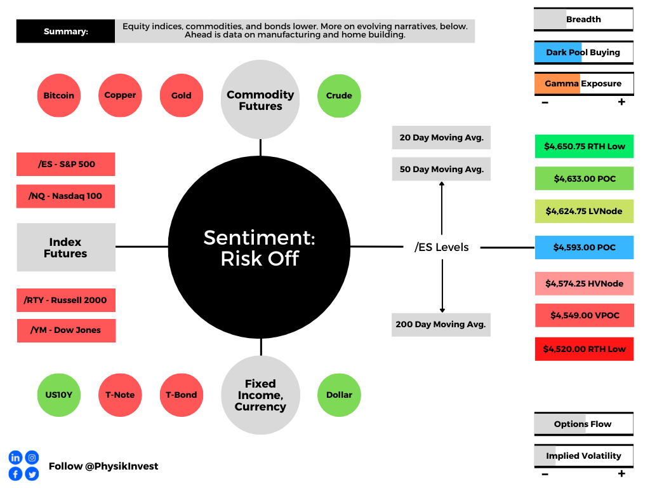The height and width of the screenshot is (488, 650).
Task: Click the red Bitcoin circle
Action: click(x=59, y=95)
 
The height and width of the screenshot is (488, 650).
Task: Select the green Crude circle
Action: click(x=339, y=96)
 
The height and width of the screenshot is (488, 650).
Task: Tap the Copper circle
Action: click(x=120, y=95)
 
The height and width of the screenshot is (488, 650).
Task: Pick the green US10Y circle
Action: click(x=59, y=395)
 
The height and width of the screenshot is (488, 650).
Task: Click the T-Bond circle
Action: click(x=182, y=395)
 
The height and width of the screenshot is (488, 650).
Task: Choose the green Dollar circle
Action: click(x=339, y=395)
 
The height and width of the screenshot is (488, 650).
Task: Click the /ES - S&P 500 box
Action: click(x=66, y=165)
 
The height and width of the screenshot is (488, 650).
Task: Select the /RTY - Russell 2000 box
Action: click(x=66, y=300)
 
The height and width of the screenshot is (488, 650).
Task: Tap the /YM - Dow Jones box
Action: click(x=66, y=330)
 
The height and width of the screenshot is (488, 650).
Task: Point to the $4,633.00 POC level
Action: click(x=585, y=179)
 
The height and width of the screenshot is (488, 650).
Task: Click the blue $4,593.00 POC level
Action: click(x=585, y=247)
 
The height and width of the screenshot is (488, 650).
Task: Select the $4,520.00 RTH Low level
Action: click(x=585, y=349)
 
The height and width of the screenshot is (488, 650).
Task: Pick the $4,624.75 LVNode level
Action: click(x=585, y=211)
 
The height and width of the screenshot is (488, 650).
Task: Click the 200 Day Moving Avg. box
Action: click(x=441, y=325)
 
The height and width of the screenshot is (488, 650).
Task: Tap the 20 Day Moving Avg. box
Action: click(x=442, y=137)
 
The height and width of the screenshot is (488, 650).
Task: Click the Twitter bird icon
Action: click(x=32, y=473)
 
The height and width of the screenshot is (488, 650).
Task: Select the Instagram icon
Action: click(x=32, y=457)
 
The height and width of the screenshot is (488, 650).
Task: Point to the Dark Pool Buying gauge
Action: click(x=584, y=53)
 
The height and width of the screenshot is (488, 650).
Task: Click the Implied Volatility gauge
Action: click(x=584, y=456)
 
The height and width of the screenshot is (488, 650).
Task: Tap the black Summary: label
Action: click(x=65, y=31)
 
